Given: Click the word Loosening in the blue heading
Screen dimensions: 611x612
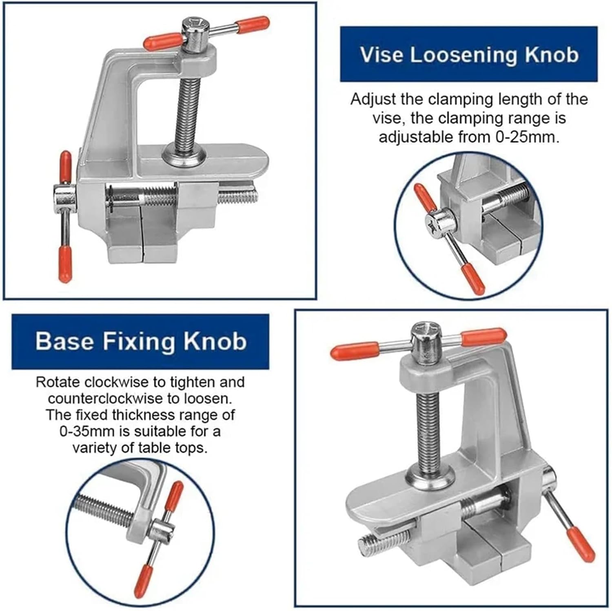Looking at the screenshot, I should click(464, 55).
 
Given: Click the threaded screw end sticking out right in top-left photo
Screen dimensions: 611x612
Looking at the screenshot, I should click(239, 197).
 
